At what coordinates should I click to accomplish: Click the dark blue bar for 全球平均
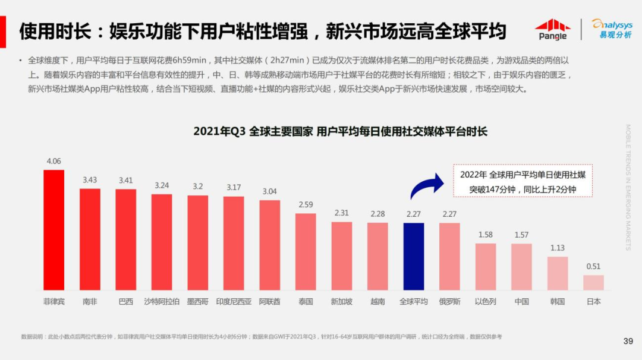coord(413,256)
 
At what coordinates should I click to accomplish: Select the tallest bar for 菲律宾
coord(53,230)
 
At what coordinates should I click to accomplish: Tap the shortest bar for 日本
coord(593,282)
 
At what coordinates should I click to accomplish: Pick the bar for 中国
coord(521,267)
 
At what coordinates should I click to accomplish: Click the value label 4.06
coord(53,161)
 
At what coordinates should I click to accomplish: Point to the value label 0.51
coord(593,266)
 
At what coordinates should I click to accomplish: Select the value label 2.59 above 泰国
coord(306,205)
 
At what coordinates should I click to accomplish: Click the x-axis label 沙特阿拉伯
coord(162,302)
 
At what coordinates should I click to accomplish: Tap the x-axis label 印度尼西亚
coord(234,302)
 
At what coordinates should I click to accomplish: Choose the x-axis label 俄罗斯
coord(449,302)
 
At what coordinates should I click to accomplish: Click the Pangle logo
coord(552,29)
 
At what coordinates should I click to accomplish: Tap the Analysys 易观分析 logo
coord(612,29)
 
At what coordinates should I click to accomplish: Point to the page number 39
coord(628,341)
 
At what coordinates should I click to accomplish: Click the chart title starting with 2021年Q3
coord(340,131)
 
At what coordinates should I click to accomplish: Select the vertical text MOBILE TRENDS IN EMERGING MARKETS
coord(628,187)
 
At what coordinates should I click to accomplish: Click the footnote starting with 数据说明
coord(261,337)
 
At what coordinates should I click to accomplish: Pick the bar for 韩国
coord(557,273)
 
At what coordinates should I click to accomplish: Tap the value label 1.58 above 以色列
coord(486,235)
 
